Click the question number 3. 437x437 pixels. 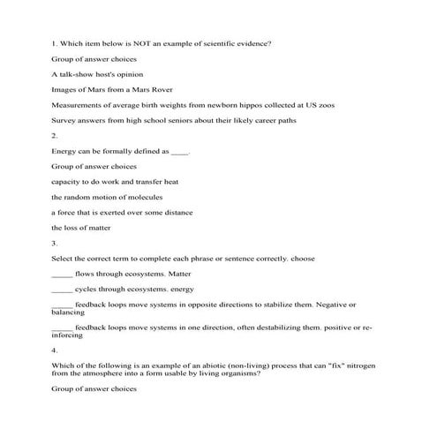[x=55, y=243]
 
